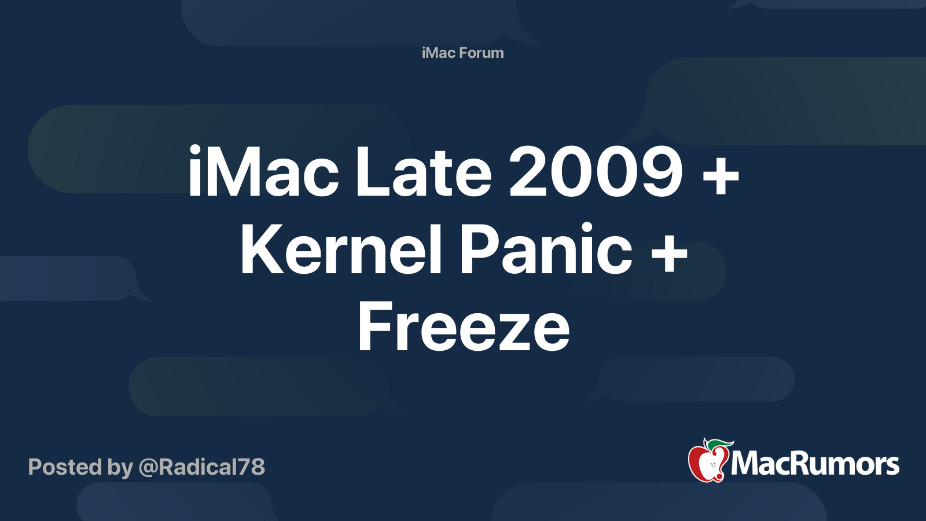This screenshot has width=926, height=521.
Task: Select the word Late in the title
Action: point(423,173)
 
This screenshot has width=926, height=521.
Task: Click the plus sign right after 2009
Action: point(721,174)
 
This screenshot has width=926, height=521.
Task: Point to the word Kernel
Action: point(341,250)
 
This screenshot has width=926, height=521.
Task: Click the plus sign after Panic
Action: point(668,252)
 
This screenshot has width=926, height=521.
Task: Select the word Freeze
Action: point(464,328)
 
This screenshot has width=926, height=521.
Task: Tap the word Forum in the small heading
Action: point(481,53)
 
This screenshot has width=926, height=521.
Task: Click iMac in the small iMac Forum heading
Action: point(439,53)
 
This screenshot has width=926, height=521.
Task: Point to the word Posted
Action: point(65,467)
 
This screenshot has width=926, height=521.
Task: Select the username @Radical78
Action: point(201,467)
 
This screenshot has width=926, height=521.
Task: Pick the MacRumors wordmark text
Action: point(815,464)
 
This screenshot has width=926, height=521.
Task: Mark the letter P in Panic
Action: point(480,250)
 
